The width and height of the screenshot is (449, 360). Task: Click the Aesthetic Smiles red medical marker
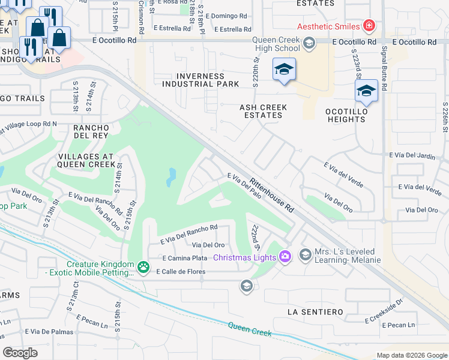[369, 26]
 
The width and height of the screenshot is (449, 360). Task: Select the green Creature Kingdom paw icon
[143, 266]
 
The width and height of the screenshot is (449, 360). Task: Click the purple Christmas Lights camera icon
[285, 257]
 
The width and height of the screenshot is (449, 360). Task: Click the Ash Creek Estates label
[263, 111]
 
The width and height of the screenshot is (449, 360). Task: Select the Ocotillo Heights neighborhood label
[345, 115]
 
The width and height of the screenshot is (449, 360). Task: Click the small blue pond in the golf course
[172, 176]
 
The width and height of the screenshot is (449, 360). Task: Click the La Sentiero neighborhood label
[315, 312]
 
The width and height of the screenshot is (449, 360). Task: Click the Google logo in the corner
[20, 352]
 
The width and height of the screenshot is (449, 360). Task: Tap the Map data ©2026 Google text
[411, 355]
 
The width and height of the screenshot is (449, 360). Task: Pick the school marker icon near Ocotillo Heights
[366, 91]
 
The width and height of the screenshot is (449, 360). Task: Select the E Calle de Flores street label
[180, 272]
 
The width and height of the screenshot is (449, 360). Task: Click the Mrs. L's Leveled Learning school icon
[306, 255]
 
